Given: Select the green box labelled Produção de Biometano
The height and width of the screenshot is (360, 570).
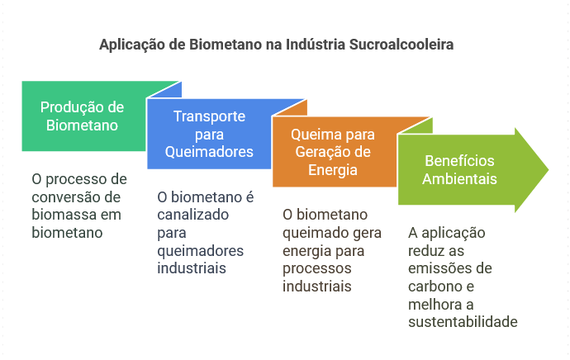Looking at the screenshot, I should [83, 116].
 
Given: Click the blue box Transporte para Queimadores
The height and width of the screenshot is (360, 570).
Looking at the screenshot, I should [209, 134].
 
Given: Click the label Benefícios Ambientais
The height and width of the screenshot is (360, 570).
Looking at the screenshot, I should [460, 169].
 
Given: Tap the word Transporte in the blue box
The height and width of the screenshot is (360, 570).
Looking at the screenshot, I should [209, 116].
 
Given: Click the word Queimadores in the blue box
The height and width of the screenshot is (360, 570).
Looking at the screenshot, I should [209, 152].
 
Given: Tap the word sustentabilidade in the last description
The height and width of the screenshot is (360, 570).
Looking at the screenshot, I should [463, 322].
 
